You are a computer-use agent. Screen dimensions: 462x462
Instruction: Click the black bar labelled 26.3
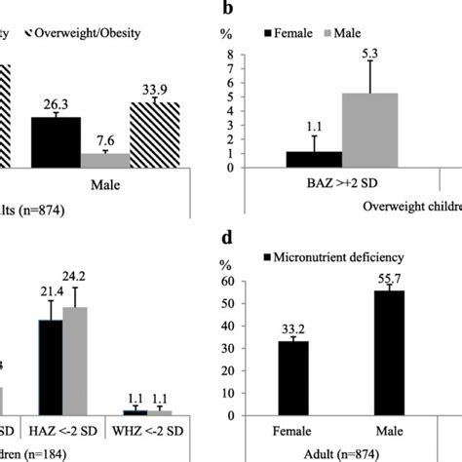[58, 142]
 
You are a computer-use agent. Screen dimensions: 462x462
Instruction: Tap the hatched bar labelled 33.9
[155, 135]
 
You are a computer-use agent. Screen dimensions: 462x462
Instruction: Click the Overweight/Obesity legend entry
[88, 33]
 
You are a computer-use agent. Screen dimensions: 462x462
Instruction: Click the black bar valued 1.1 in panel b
[313, 160]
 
